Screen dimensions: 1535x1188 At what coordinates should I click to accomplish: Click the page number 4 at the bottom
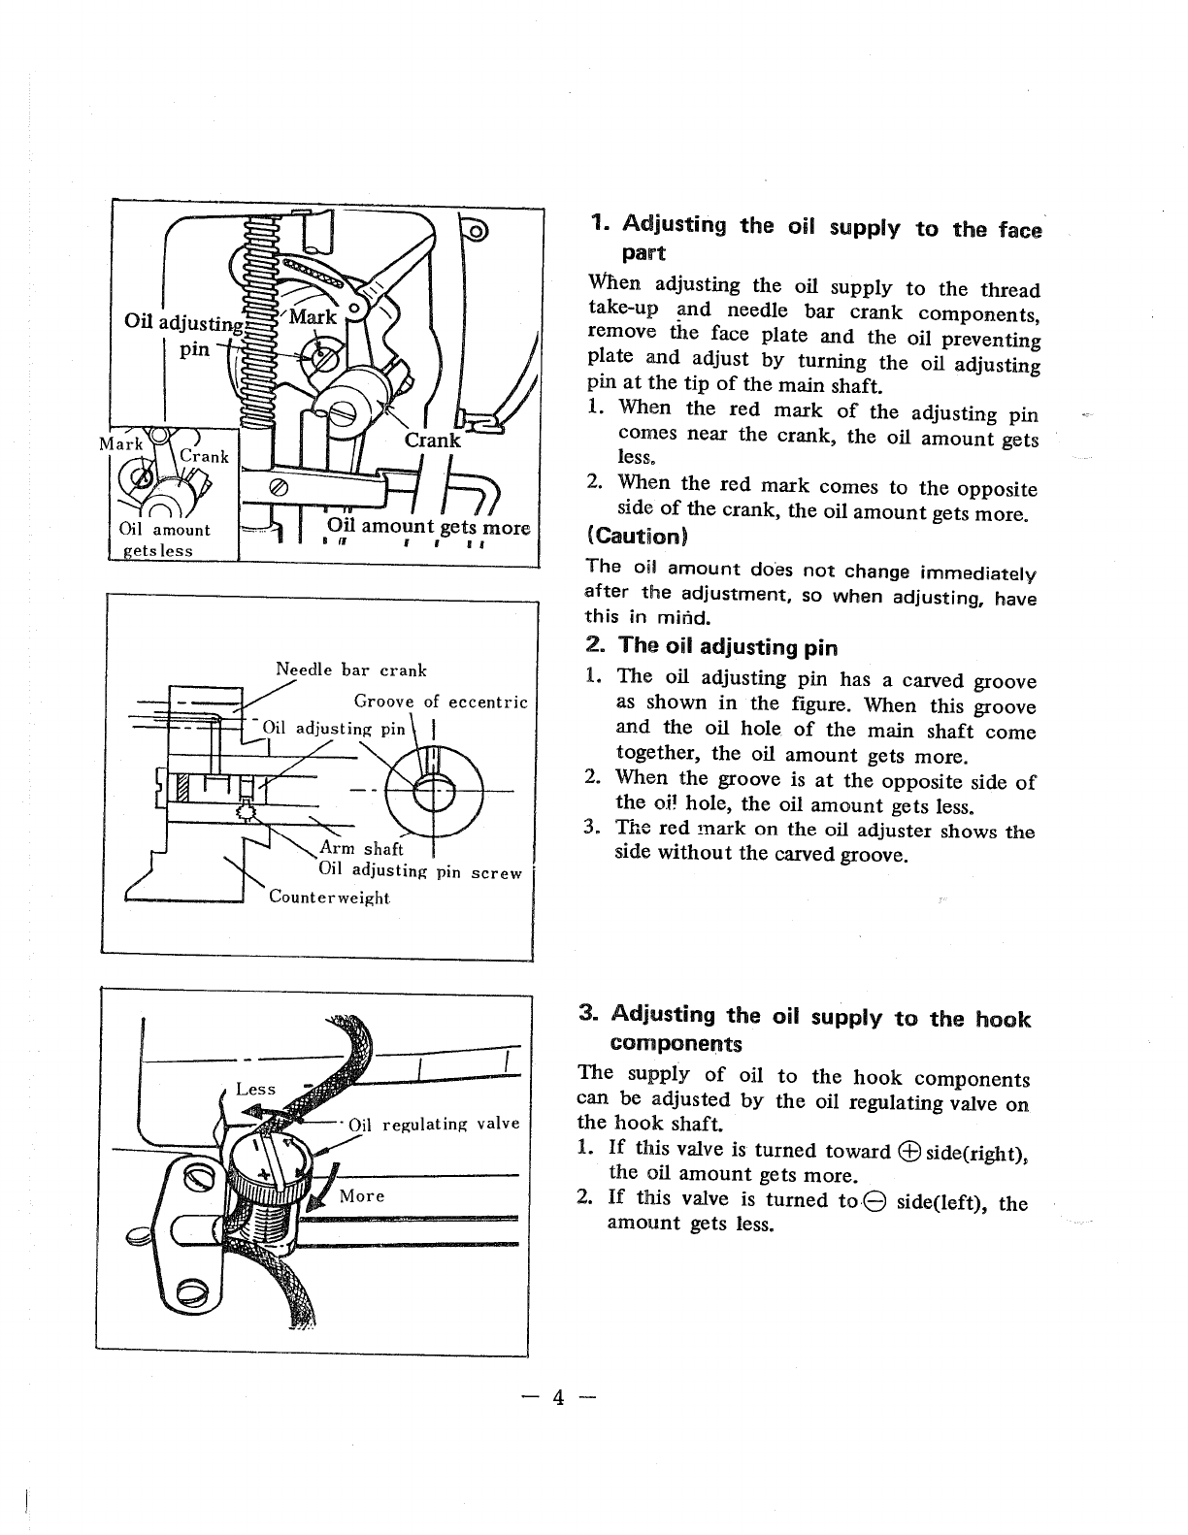(x=557, y=1398)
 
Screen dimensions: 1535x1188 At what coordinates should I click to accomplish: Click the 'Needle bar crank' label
(x=351, y=670)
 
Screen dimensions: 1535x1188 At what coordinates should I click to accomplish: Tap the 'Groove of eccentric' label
(x=441, y=702)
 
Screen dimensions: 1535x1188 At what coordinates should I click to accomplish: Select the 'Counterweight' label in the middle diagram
(x=329, y=898)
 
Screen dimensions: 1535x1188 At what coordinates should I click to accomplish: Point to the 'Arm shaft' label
(x=361, y=850)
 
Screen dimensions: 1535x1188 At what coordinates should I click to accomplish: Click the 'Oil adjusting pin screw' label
(x=420, y=872)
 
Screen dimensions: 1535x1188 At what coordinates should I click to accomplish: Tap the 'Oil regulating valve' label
(x=434, y=1125)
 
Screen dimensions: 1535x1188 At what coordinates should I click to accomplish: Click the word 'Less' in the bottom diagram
(x=256, y=1090)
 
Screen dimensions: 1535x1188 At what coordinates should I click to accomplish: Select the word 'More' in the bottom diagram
(x=362, y=1195)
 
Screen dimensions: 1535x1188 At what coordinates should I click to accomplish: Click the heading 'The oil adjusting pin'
(x=726, y=646)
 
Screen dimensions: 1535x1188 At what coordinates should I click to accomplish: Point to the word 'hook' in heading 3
(x=1003, y=1019)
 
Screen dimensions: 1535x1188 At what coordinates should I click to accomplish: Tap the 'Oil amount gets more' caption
(x=428, y=528)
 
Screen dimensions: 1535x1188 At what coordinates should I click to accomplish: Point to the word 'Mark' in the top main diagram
(x=313, y=317)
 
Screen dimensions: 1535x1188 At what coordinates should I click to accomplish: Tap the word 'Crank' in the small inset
(x=204, y=456)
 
